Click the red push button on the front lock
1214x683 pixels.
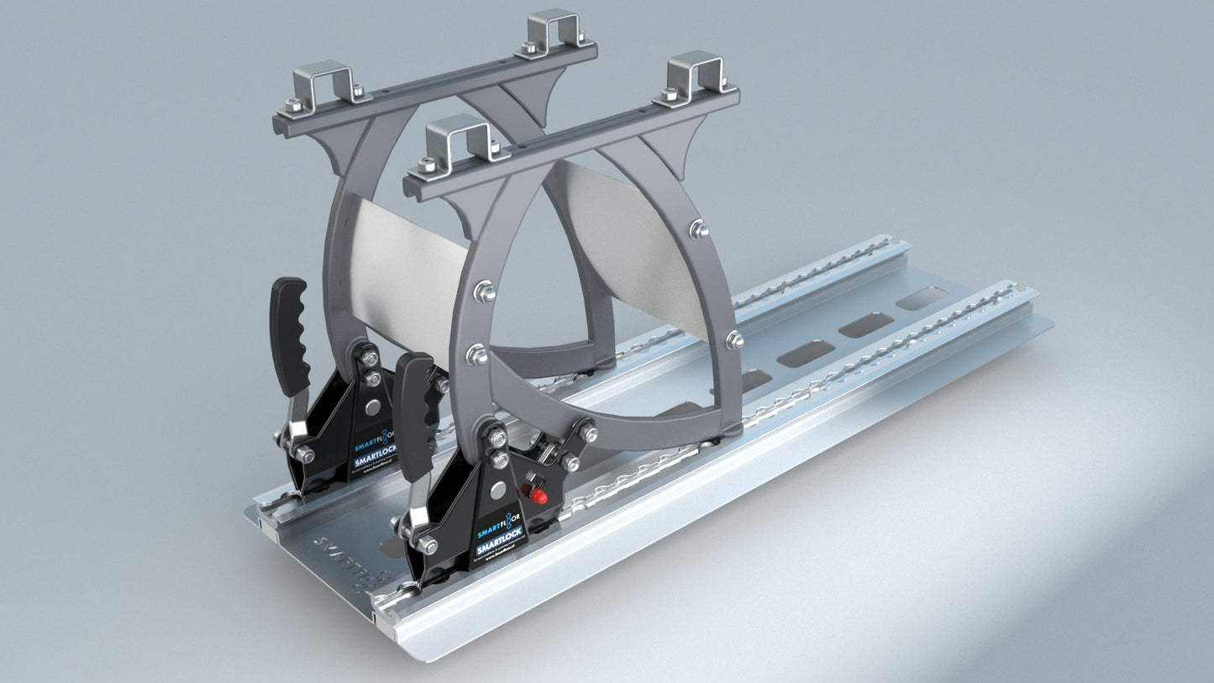539,496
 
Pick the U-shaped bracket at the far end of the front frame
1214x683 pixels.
694,74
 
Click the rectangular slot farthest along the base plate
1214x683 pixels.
922,298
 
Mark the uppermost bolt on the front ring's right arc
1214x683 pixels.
696,229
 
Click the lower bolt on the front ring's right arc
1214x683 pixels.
733,339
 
